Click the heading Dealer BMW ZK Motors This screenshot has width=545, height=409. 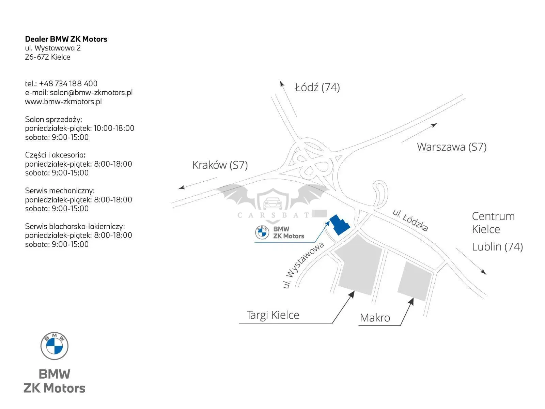click(x=66, y=39)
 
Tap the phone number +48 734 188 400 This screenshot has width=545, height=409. click(x=68, y=84)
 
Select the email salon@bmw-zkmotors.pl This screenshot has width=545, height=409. click(x=91, y=92)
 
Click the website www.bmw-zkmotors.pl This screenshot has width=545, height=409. click(x=63, y=102)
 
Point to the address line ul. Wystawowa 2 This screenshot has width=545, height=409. click(x=53, y=48)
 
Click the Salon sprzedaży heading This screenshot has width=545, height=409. click(x=53, y=119)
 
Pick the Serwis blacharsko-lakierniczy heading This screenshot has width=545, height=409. click(x=75, y=226)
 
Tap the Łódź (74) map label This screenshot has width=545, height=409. click(x=317, y=87)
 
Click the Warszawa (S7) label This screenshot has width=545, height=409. click(x=452, y=147)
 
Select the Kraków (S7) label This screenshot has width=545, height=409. click(x=220, y=165)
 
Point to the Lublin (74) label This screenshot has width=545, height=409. click(x=497, y=247)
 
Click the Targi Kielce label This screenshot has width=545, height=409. click(x=273, y=315)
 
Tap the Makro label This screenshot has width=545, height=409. click(x=375, y=318)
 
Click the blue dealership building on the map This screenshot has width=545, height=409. click(x=339, y=225)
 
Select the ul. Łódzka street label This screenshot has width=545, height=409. click(x=410, y=220)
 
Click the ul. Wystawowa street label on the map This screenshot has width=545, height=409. click(x=303, y=265)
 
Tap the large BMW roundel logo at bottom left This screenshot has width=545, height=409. click(x=54, y=346)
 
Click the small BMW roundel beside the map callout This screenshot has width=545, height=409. click(x=262, y=232)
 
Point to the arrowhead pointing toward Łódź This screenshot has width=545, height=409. click(x=282, y=84)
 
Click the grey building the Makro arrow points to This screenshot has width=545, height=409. click(x=415, y=281)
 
